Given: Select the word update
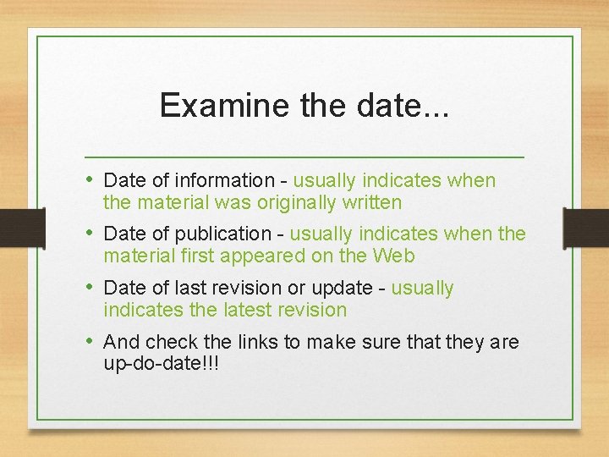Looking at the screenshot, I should tap(341, 288).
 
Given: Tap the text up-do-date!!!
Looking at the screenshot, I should tap(161, 364).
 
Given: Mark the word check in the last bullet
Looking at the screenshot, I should tap(173, 342).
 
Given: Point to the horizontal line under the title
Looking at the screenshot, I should tap(304, 157).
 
